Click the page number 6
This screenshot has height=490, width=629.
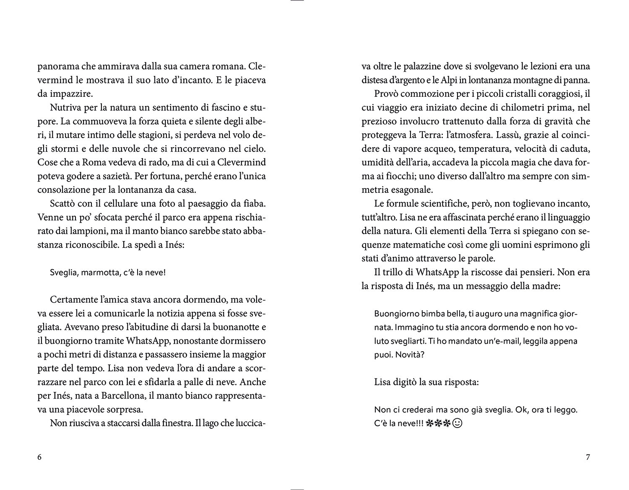click(40, 457)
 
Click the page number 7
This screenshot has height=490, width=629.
click(587, 457)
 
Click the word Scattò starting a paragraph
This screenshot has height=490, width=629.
click(63, 204)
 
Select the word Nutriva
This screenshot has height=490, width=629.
click(64, 108)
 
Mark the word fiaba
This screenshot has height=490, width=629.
click(255, 204)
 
